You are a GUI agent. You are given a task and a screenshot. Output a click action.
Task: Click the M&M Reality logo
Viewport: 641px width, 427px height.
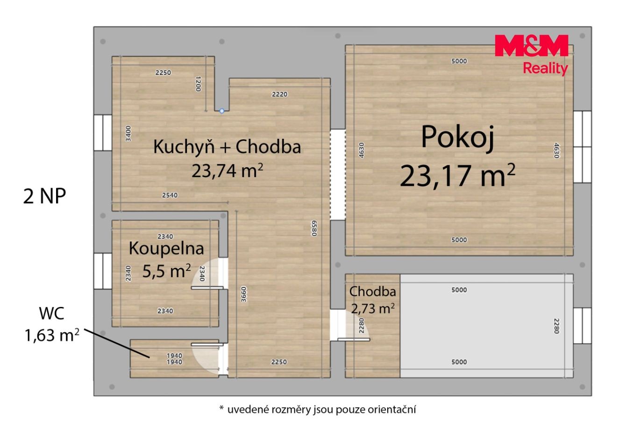pos(531,55)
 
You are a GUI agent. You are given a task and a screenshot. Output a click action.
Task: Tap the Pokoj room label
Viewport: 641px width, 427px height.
pos(457,138)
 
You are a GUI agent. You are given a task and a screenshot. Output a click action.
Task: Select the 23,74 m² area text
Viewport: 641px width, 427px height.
pos(227,171)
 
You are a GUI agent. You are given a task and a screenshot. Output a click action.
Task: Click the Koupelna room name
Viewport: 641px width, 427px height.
pos(166,248)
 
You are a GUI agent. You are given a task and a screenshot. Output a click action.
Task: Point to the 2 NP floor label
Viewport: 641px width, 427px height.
pos(44,196)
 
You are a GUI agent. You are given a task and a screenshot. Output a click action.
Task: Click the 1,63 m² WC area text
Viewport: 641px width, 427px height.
pos(52,335)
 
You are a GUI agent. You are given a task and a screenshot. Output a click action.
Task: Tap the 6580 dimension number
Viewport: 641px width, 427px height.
pos(314,228)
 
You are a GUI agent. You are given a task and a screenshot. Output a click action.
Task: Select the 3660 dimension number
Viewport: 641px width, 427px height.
pos(243,294)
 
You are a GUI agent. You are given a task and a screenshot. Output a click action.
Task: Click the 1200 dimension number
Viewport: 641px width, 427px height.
pos(198,84)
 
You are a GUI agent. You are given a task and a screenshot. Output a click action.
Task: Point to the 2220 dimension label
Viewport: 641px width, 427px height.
pos(279,94)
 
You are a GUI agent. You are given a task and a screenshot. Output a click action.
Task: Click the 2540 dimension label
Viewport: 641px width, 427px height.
pos(170,195)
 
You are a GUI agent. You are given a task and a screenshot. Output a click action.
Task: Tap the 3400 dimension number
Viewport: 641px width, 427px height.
pos(128,133)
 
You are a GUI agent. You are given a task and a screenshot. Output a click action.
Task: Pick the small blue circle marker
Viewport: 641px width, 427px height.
pos(222,111)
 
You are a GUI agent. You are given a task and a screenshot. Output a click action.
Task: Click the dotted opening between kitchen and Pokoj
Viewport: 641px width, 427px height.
pos(338,175)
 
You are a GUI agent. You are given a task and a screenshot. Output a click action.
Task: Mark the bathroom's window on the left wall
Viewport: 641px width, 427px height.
pos(103,271)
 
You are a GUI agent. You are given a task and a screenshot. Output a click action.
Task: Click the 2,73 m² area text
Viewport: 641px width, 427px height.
pos(373,308)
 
